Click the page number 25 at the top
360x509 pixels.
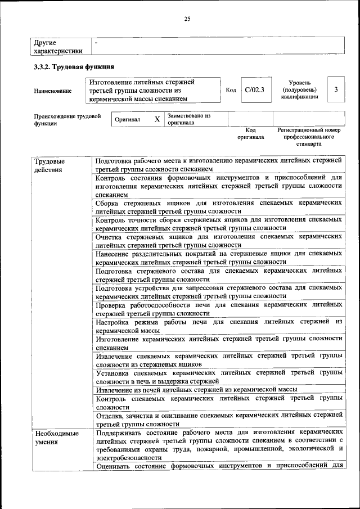tap(187, 19)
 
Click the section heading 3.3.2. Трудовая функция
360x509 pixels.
tap(70, 67)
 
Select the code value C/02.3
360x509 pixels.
tap(254, 90)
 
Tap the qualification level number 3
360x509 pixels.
tap(336, 90)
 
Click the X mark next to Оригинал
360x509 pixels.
tap(157, 119)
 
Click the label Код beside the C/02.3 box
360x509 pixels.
tap(231, 90)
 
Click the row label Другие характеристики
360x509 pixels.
tap(58, 46)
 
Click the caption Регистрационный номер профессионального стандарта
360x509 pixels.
tap(309, 137)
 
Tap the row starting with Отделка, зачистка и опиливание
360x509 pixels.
tap(219, 420)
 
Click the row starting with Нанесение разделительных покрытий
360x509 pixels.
tap(219, 258)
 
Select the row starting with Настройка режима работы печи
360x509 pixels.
tap(219, 326)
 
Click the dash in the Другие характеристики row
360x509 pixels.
tap(97, 42)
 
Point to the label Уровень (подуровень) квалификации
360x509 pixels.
tap(299, 89)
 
